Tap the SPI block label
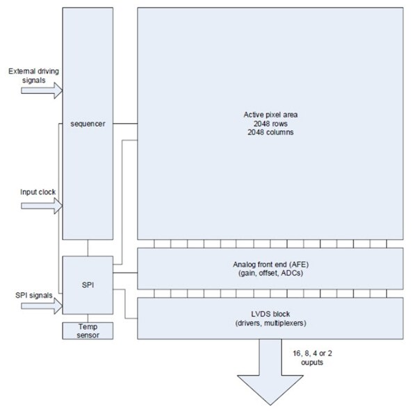tap(87, 285)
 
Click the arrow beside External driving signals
tap(52, 89)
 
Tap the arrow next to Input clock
tap(52, 206)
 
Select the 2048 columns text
tap(270, 131)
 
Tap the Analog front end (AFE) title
tap(270, 264)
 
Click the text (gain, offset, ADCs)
tap(270, 273)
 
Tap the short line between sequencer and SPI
tap(87, 248)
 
